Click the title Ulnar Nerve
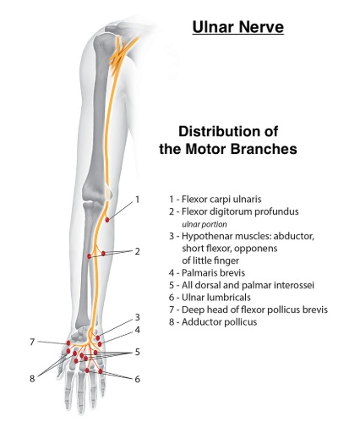[238, 27]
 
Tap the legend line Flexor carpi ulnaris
[215, 199]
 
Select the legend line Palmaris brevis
[207, 272]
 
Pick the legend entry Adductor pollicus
[213, 321]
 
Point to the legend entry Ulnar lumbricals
[210, 297]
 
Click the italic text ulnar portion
[205, 224]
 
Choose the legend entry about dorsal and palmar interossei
[242, 285]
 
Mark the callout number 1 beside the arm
[138, 200]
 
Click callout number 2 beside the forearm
[137, 251]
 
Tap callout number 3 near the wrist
[137, 317]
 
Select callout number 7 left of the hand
[32, 342]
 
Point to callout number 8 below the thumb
[32, 378]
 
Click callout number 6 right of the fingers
[137, 379]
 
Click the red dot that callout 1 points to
[107, 220]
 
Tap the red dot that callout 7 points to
[68, 343]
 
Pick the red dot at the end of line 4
[100, 344]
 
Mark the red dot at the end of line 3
[98, 337]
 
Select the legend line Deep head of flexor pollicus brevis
[248, 310]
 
